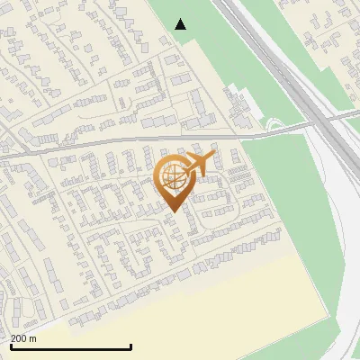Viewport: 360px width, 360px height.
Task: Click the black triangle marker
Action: click(181, 24)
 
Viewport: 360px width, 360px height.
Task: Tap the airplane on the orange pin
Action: click(198, 164)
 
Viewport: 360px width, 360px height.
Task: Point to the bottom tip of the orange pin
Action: click(173, 212)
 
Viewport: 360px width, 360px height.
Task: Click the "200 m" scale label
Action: click(23, 338)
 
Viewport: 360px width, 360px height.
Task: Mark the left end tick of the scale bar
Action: click(11, 346)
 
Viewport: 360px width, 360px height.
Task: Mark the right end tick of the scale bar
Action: click(131, 346)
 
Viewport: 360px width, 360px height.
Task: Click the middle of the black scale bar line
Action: click(71, 347)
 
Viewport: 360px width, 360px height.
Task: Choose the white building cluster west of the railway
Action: click(239, 103)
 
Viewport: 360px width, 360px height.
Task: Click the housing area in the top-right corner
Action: click(328, 36)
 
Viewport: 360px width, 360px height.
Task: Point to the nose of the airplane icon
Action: click(215, 156)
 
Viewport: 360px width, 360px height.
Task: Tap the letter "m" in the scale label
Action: click(33, 338)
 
